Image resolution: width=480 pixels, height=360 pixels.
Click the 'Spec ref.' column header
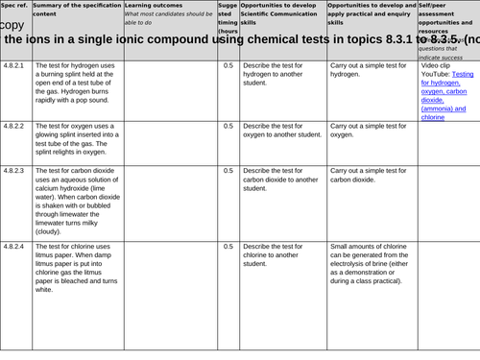(15, 6)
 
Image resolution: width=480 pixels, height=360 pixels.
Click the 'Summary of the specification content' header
(77, 11)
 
